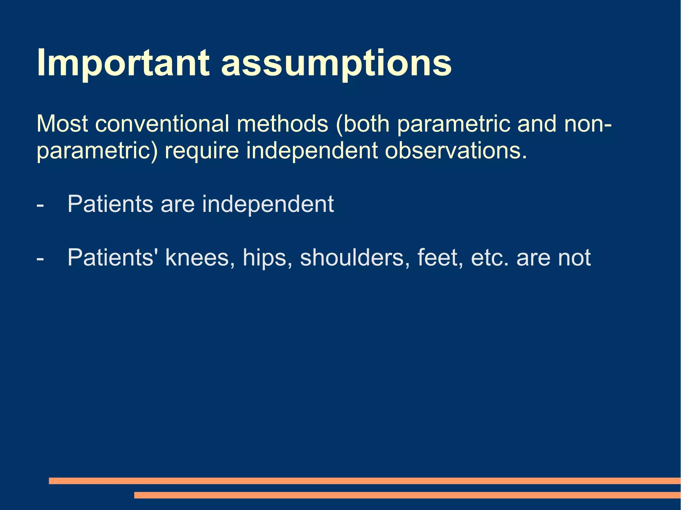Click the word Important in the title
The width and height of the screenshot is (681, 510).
click(123, 63)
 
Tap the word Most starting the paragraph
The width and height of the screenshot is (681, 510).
click(63, 124)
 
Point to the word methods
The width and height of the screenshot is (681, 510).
click(282, 124)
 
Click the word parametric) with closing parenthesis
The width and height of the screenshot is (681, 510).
click(96, 151)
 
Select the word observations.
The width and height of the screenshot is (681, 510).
click(456, 151)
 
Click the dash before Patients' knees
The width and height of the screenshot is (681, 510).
click(40, 258)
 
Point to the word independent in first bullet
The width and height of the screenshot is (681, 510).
click(268, 204)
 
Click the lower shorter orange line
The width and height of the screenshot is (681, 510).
click(407, 495)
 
